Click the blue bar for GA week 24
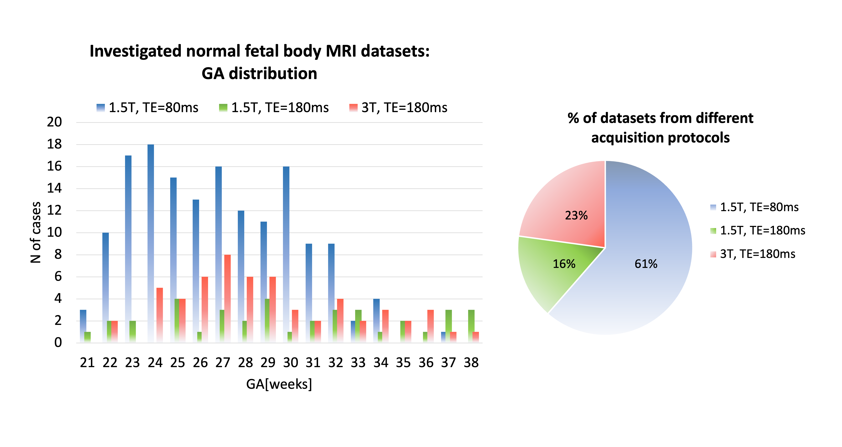coord(151,243)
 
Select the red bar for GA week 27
coord(227,298)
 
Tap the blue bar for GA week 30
coord(286,255)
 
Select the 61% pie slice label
coord(646,264)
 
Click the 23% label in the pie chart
coord(576,215)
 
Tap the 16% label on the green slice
coord(564,264)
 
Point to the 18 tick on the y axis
coord(54,144)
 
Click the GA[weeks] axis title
coord(279,384)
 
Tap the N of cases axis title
coord(35,232)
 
